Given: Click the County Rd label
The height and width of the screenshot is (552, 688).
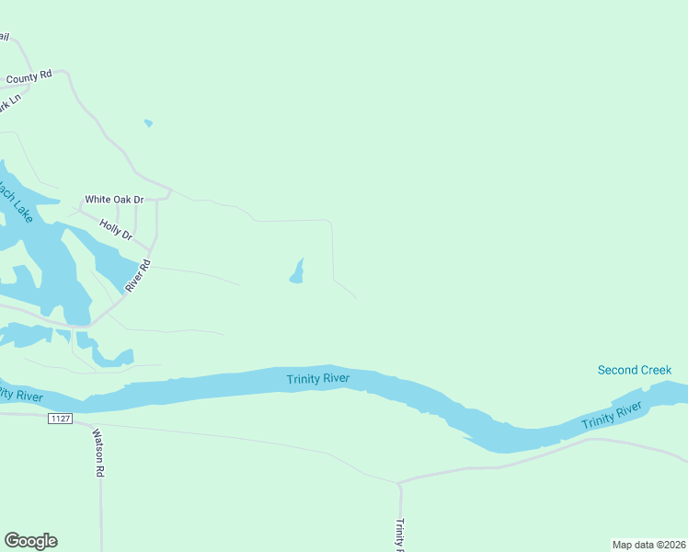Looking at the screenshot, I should tap(29, 77).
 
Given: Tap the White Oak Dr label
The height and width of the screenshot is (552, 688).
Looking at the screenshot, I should tap(114, 199).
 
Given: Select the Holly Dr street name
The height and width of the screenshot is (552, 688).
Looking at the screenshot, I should tap(116, 229).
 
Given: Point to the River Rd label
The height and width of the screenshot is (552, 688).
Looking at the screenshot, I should tap(137, 276).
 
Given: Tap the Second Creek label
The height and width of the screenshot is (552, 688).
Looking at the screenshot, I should tap(635, 370).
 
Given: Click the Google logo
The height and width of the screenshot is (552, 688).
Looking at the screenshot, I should tap(30, 541).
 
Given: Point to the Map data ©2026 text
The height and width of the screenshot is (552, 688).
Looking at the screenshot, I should tap(649, 545).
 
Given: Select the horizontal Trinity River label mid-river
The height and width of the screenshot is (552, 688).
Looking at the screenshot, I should tap(318, 378).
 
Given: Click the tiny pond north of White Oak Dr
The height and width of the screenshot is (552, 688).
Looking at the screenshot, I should tap(148, 122).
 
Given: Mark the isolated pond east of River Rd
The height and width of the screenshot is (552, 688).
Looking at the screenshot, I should tap(297, 272).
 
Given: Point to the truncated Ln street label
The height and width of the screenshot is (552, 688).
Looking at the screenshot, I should tap(9, 104).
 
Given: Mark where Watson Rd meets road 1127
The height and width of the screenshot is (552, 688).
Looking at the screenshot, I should tap(92, 425).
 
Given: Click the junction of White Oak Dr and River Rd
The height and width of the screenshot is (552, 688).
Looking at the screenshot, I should tap(169, 193).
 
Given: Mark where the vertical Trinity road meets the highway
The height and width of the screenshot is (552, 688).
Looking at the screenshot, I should tap(399, 482).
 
